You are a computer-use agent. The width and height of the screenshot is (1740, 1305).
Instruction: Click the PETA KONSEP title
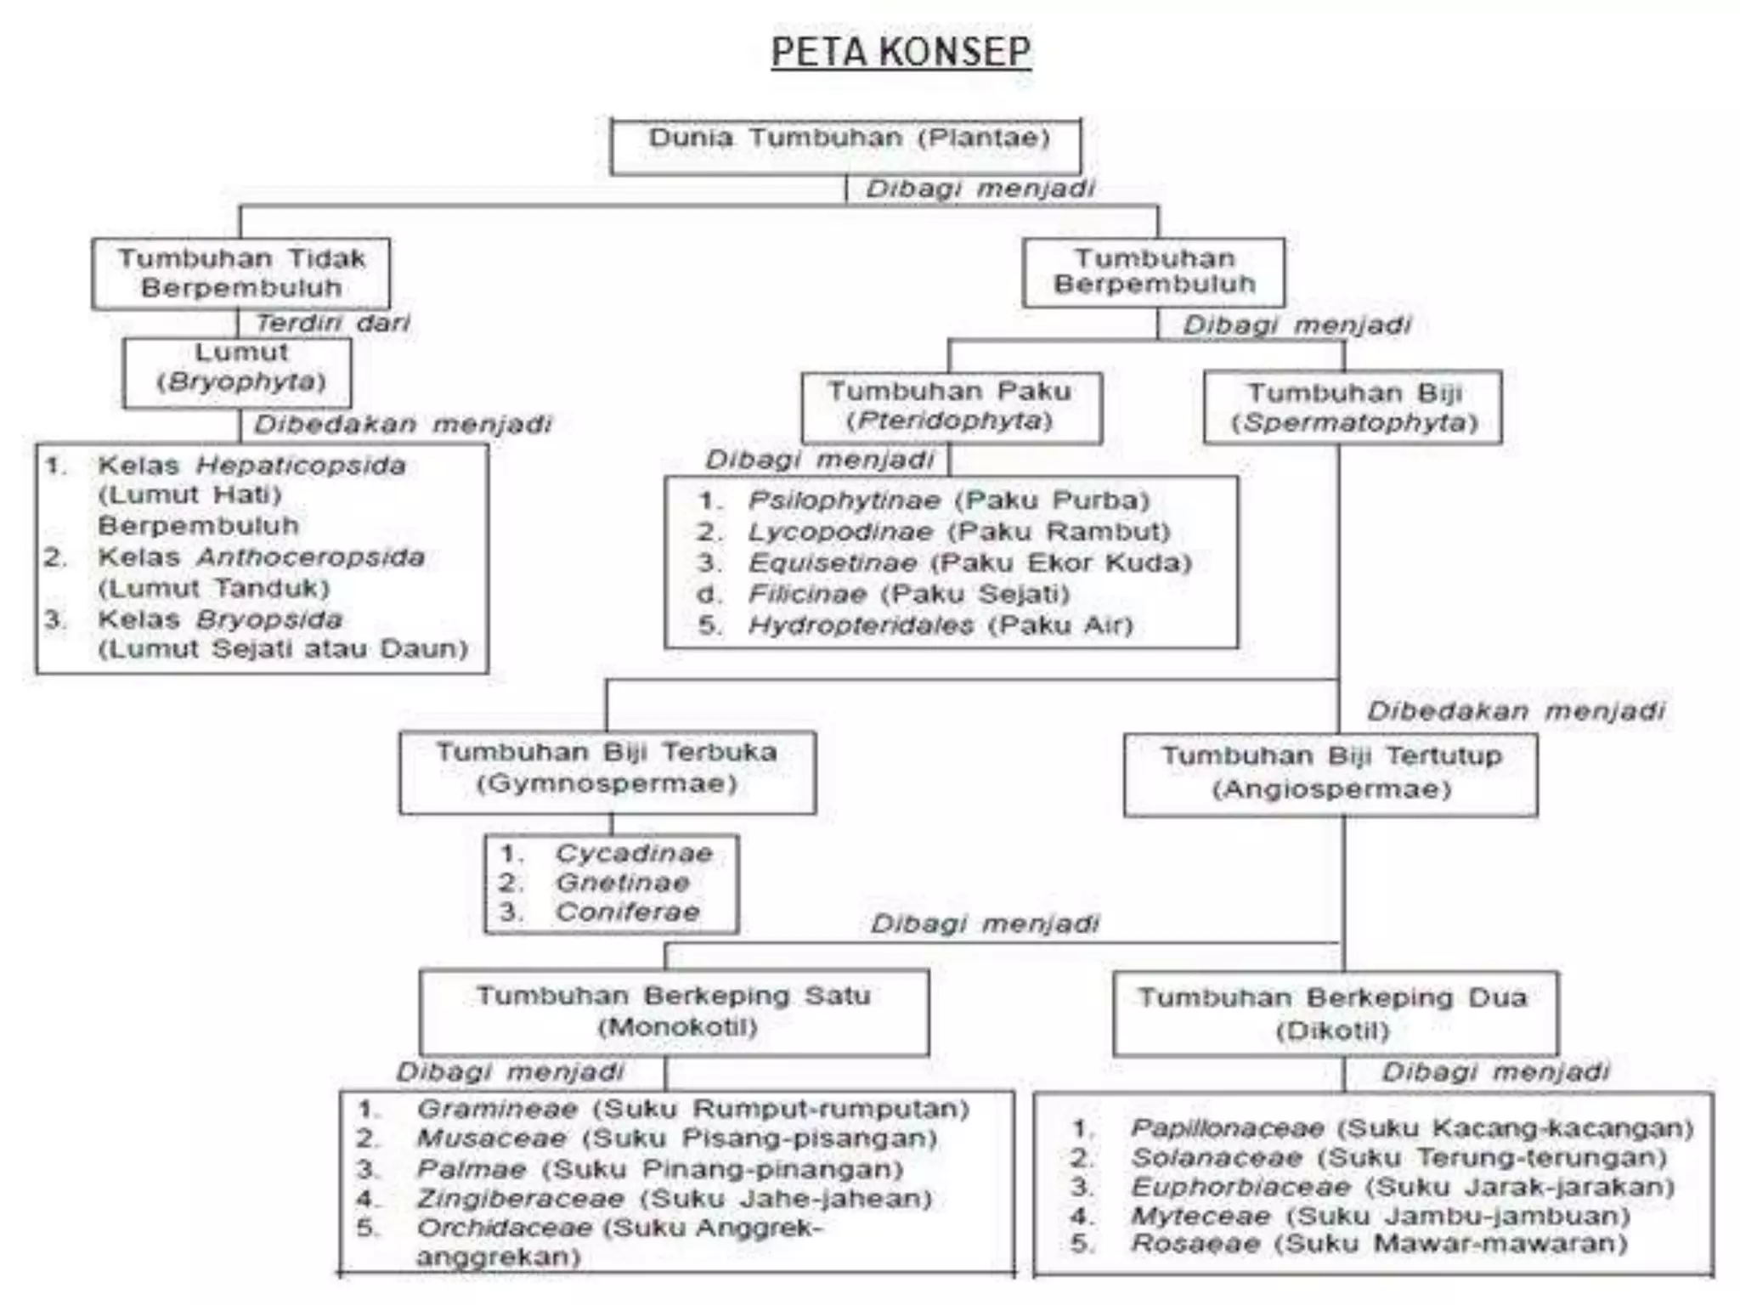(901, 53)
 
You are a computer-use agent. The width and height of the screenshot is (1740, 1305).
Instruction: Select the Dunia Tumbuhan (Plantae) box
(846, 146)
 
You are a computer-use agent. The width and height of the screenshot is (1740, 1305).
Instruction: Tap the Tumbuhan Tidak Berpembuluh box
(241, 273)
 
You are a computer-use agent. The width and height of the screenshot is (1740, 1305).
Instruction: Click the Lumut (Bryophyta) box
(238, 371)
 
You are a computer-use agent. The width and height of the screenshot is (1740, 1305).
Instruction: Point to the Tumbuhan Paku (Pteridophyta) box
(950, 406)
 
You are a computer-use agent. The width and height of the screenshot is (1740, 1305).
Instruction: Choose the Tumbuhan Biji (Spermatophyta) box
(1353, 407)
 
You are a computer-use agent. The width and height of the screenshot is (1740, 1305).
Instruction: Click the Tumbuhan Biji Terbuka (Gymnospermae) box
(607, 769)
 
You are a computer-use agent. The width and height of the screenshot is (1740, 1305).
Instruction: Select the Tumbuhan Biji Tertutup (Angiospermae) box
(1330, 773)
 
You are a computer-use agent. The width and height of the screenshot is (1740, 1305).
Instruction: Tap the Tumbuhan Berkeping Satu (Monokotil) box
(674, 1011)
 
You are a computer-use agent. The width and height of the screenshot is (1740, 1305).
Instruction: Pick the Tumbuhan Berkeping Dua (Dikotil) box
(1334, 1014)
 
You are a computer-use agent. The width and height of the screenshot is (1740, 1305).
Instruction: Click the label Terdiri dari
(332, 323)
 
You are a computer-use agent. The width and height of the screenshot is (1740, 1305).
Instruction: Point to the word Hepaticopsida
(301, 466)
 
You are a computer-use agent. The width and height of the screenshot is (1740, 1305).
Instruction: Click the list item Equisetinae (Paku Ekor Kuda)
(969, 563)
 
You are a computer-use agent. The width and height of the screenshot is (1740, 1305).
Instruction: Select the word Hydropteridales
(861, 626)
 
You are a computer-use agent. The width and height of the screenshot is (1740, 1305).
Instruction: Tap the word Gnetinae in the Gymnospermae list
(622, 883)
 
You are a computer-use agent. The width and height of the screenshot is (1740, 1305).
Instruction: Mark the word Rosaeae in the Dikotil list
(1195, 1244)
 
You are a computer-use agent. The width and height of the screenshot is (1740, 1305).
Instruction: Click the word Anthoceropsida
(310, 557)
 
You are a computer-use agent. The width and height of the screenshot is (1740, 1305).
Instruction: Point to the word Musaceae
(491, 1138)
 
